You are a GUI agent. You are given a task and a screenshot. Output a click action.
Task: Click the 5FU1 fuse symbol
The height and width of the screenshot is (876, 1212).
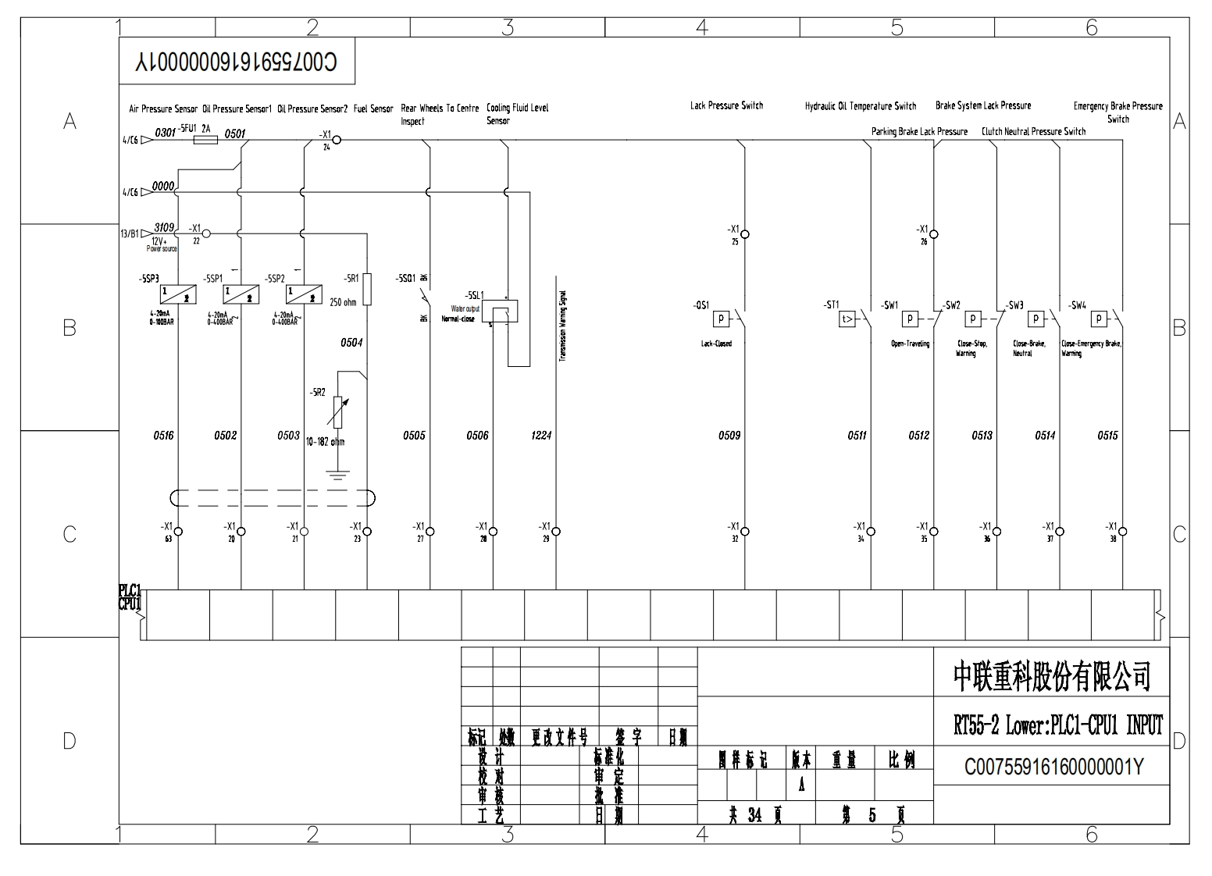tap(205, 141)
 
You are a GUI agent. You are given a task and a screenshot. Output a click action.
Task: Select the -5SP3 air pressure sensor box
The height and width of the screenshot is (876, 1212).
tap(178, 294)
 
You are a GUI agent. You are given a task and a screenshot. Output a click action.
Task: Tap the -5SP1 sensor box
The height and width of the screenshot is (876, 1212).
tap(241, 294)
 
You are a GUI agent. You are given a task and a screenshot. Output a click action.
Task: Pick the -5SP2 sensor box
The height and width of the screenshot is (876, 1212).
tap(304, 294)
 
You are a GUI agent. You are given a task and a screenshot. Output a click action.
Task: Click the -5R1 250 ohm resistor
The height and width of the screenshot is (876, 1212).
tap(367, 289)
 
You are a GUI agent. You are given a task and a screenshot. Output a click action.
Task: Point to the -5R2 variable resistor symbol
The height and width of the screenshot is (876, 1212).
tap(336, 412)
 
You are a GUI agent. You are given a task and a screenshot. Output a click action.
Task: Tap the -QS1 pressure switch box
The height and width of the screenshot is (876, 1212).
tap(721, 319)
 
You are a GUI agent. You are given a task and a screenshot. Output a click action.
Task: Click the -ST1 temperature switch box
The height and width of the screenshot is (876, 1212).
tap(847, 319)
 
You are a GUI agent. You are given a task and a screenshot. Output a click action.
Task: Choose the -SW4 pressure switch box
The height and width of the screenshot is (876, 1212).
tap(1099, 319)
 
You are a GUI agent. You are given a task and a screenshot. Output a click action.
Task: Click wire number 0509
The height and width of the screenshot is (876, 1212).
tap(729, 436)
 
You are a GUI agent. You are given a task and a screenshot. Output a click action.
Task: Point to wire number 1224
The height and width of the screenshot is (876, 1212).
tap(541, 436)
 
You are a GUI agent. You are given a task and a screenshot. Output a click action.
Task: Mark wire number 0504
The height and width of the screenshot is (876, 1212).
tap(351, 342)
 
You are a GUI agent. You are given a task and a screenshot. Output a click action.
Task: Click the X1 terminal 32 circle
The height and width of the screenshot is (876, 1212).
tap(745, 532)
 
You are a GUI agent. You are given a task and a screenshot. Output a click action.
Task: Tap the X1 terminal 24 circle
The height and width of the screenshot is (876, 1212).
tap(337, 141)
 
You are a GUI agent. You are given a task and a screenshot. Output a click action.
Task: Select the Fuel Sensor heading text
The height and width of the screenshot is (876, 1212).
tap(373, 109)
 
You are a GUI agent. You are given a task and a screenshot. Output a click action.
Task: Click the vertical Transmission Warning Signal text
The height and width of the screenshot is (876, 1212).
tap(562, 326)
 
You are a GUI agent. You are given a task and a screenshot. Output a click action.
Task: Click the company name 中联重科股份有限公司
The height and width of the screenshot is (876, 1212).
tap(1052, 676)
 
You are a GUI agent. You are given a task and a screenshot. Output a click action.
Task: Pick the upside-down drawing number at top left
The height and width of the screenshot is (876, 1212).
tap(236, 62)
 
